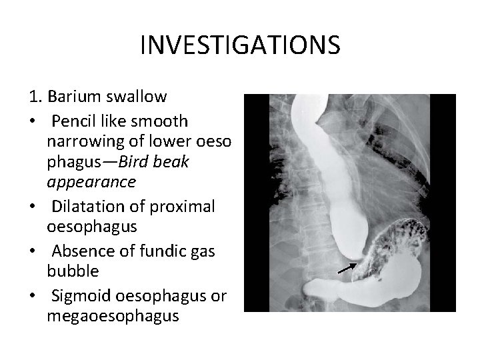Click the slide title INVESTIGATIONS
tap(240, 45)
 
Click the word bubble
tap(73, 270)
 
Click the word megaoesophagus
tap(113, 315)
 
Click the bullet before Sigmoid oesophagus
tap(33, 295)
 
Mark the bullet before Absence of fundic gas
tap(33, 251)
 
